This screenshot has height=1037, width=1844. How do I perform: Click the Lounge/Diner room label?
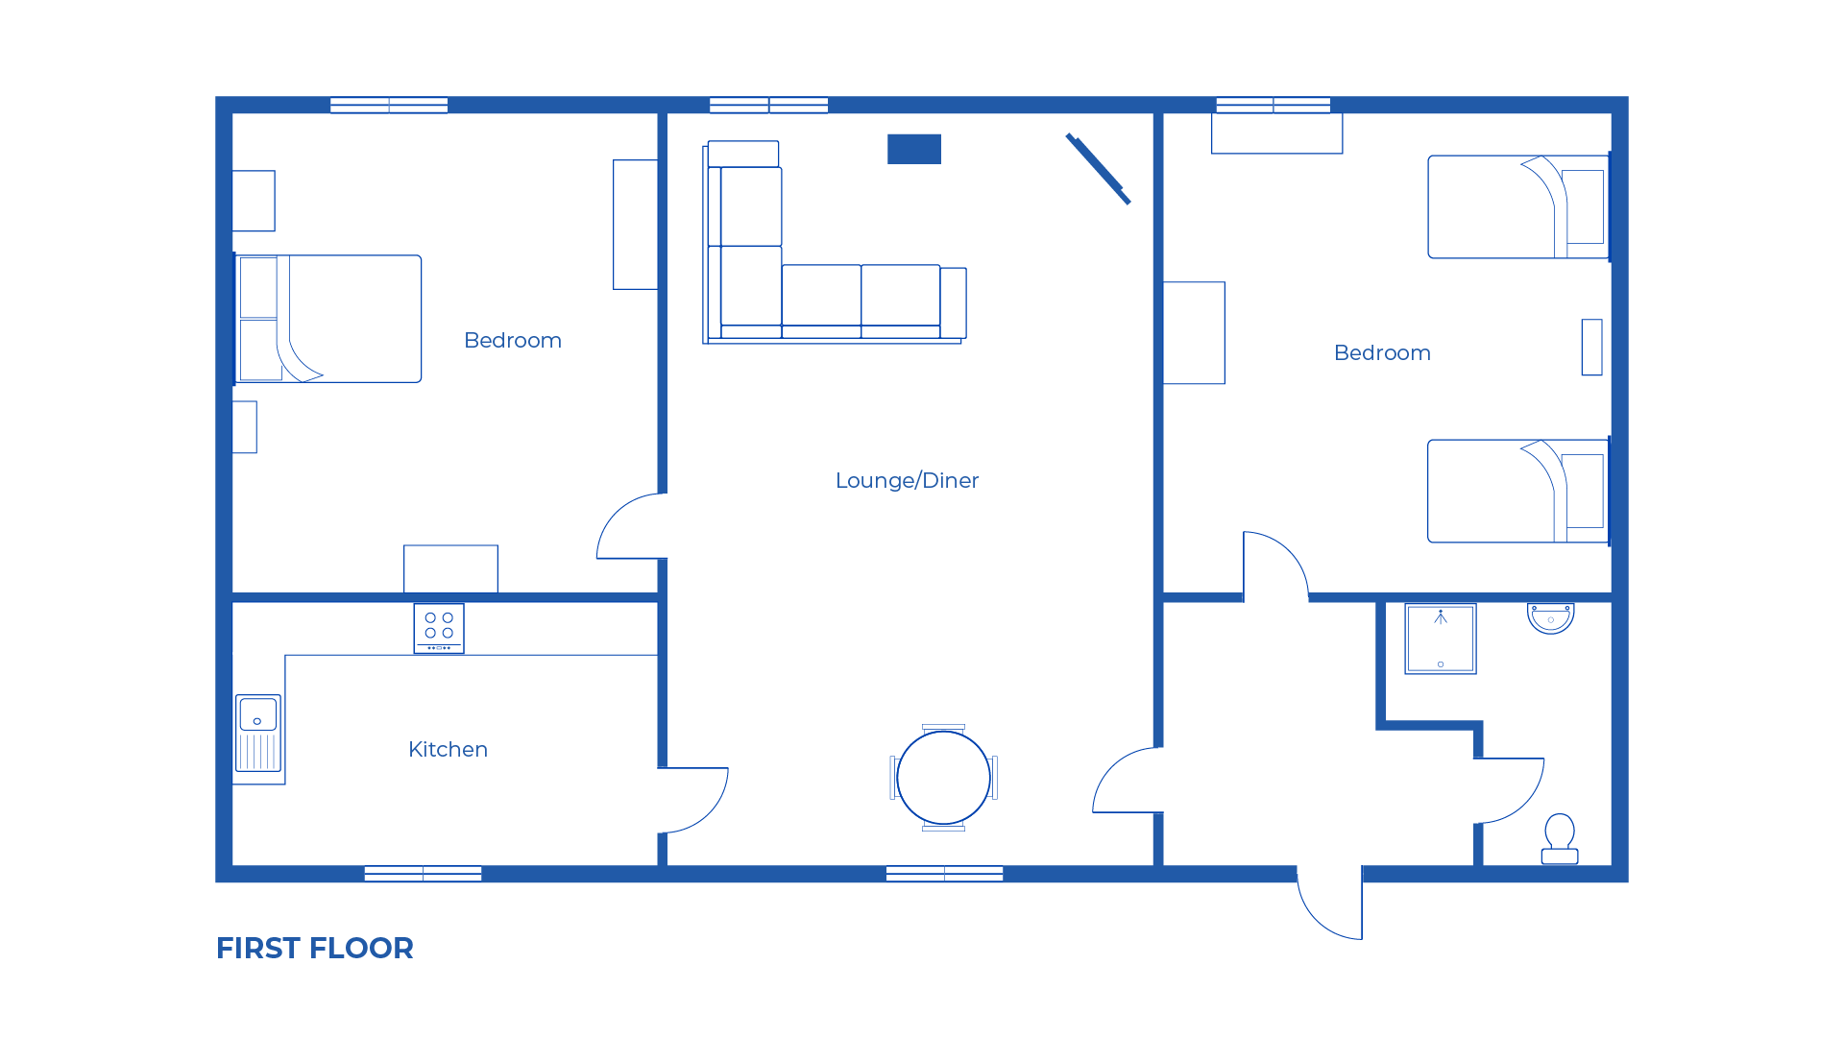tap(907, 480)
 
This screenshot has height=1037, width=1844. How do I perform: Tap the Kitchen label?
tap(448, 749)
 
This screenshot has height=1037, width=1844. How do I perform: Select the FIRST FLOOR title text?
tap(315, 948)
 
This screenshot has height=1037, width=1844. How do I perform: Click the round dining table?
tap(943, 778)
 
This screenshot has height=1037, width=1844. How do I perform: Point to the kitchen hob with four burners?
tap(439, 628)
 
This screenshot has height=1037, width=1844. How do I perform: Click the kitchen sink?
tap(258, 733)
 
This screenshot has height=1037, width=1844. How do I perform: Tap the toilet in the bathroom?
tap(1560, 838)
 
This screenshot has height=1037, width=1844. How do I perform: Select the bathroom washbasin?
tap(1550, 617)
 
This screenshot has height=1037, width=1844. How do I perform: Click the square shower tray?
tap(1440, 639)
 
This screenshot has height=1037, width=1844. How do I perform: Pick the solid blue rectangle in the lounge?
tap(913, 149)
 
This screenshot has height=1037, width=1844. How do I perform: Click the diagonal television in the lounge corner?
tap(1098, 169)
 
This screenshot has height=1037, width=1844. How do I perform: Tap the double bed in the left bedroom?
tap(328, 319)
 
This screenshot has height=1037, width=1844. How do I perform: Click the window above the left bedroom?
tap(389, 105)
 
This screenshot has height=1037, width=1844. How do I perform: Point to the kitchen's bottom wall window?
tap(423, 874)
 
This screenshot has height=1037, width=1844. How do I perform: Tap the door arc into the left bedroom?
tap(629, 526)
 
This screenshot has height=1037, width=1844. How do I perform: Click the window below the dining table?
tap(944, 874)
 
